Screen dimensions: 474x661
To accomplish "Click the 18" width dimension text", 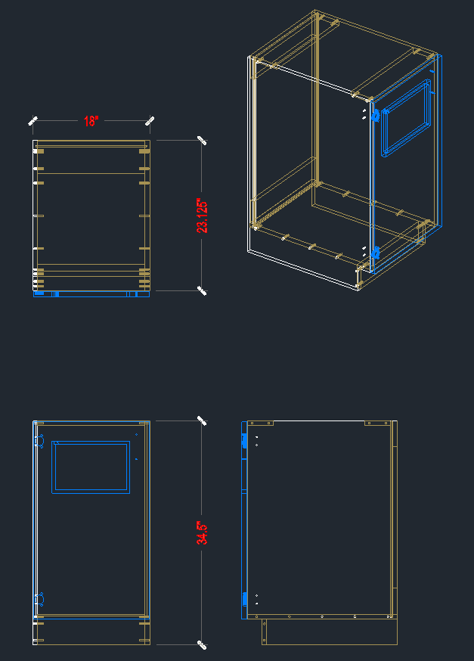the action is click(91, 121).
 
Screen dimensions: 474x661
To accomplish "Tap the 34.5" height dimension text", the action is click(202, 532).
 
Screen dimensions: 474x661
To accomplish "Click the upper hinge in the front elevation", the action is click(39, 442).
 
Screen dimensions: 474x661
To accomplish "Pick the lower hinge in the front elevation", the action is click(39, 600).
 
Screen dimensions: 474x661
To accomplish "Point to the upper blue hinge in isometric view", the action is click(376, 115).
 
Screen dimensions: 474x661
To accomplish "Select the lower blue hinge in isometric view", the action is click(376, 253).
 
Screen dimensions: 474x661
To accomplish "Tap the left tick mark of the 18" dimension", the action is click(33, 121).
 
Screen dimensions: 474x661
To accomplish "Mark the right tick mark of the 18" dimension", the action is click(150, 121).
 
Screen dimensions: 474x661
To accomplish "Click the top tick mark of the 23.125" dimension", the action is click(202, 141).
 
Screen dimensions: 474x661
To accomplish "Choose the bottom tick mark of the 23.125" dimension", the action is click(202, 290).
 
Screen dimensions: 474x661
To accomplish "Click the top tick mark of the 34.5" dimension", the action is click(202, 420).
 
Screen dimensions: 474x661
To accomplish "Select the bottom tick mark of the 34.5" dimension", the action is click(202, 644).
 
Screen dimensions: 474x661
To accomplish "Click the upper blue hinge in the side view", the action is click(244, 441).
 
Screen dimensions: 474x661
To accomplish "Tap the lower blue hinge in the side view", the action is click(244, 599).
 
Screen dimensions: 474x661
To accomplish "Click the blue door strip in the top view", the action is click(91, 294).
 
